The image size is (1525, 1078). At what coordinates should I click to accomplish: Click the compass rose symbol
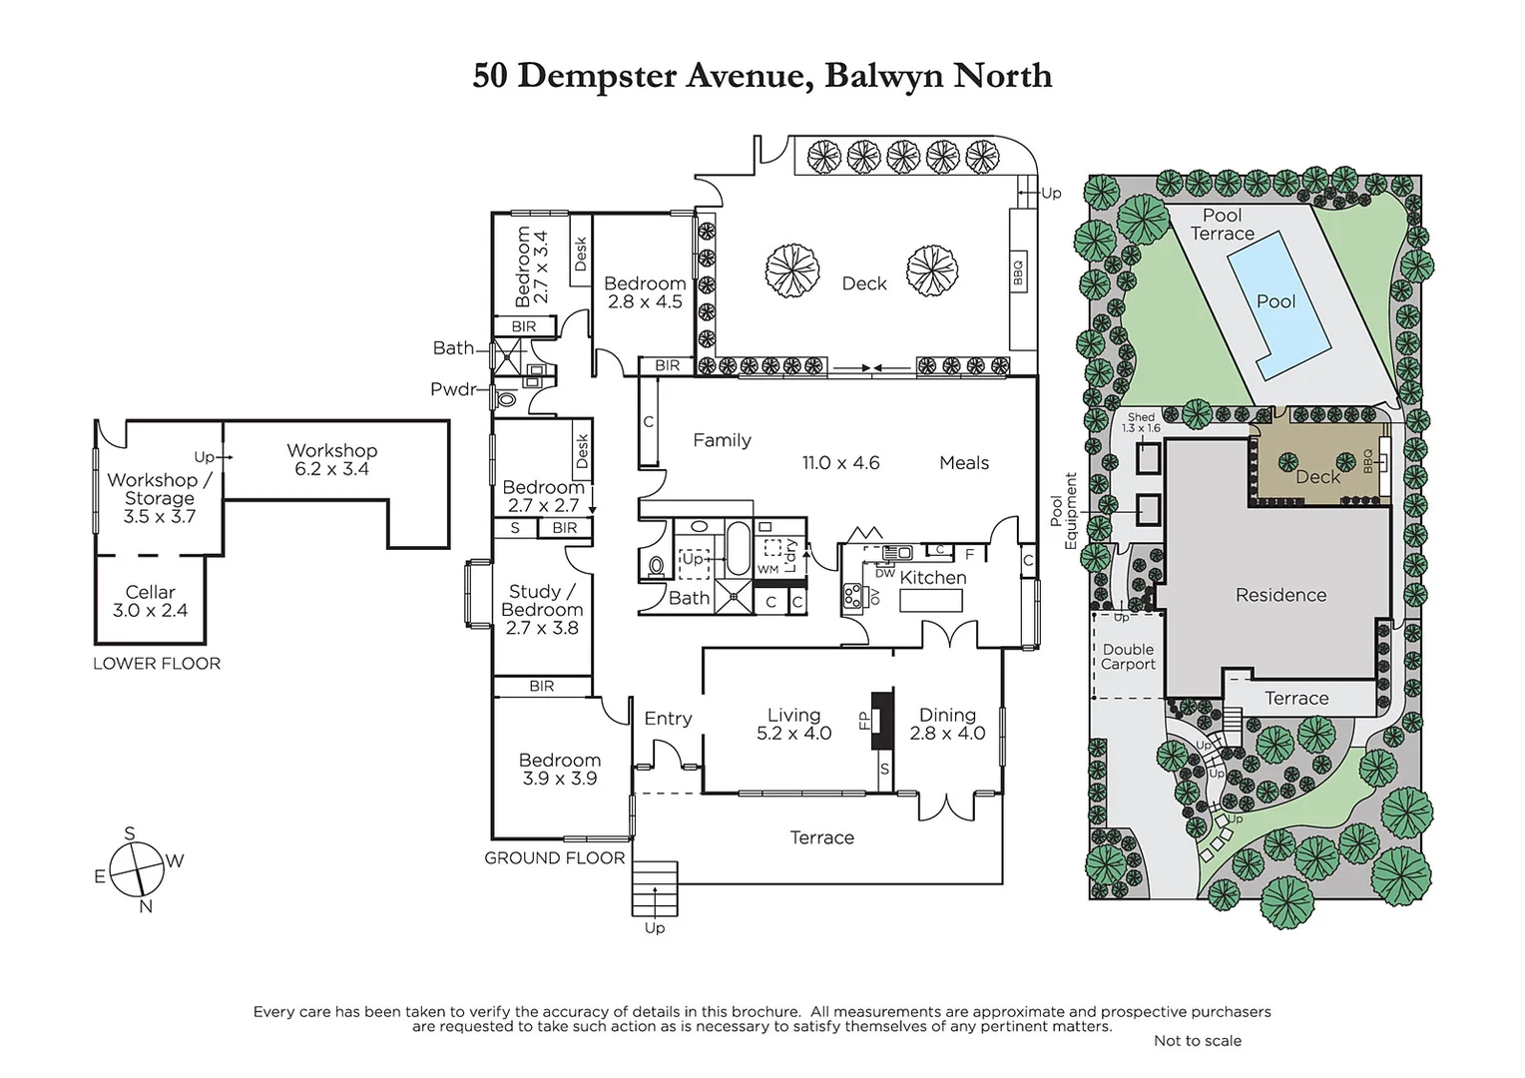[137, 869]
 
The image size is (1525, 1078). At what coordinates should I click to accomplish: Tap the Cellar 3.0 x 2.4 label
[151, 601]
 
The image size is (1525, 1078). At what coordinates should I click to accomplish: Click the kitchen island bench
[930, 601]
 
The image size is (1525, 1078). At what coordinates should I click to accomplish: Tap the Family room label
[722, 440]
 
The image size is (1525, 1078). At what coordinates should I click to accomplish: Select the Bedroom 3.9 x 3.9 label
[559, 769]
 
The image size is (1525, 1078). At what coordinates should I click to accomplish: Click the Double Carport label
[1128, 656]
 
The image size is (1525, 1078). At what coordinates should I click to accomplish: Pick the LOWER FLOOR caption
[157, 663]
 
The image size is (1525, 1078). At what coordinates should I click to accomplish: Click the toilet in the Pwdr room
[507, 399]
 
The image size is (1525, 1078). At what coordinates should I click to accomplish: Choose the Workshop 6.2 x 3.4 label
[331, 459]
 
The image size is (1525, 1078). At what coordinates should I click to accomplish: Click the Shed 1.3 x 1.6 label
[1141, 422]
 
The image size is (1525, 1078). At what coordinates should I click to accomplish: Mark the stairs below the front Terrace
[654, 888]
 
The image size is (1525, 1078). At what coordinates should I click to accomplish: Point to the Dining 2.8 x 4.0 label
[947, 724]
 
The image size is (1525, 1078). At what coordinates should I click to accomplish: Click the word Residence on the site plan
[1280, 595]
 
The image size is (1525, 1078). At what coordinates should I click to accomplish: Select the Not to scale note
[1197, 1040]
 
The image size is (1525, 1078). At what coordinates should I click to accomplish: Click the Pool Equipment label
[1064, 510]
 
